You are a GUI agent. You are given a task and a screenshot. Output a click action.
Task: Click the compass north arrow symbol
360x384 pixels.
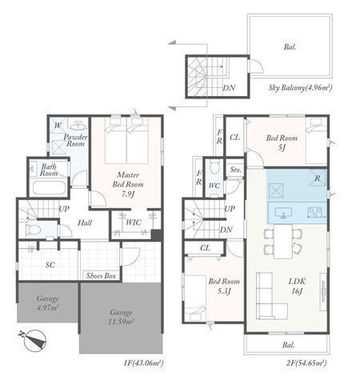[x=34, y=340]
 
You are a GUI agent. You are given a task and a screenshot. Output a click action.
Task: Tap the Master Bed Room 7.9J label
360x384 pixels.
[x=128, y=184]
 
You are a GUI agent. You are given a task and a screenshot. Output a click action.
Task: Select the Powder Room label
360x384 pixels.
[x=75, y=140]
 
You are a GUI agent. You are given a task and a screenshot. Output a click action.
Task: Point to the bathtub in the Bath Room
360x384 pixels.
[x=50, y=188]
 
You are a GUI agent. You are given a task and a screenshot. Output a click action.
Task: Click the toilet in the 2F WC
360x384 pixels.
[x=214, y=167]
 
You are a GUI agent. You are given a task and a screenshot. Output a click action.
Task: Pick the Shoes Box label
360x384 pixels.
[x=101, y=276]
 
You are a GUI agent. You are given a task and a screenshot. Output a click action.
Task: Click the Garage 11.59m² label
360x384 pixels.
[x=121, y=317]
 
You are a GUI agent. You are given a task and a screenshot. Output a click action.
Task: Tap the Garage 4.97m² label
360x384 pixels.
[x=48, y=303]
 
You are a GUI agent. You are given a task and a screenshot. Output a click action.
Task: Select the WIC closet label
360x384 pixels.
[x=134, y=222]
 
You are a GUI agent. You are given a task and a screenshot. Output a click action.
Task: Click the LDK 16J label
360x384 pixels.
[x=297, y=286]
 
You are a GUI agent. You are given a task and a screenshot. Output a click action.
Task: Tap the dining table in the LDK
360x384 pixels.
[x=283, y=242]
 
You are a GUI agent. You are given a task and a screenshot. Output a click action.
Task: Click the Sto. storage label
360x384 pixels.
[x=235, y=170]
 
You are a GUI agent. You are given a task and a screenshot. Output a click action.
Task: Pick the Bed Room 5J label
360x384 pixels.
[x=282, y=142]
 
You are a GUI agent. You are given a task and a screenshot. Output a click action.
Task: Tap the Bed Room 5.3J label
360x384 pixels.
[x=224, y=286]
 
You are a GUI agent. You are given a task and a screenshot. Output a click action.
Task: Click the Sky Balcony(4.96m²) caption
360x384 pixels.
[x=300, y=87]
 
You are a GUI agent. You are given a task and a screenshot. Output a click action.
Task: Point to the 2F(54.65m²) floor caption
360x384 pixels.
[x=305, y=362]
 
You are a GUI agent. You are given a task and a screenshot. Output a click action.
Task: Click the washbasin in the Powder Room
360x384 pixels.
[x=78, y=125]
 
